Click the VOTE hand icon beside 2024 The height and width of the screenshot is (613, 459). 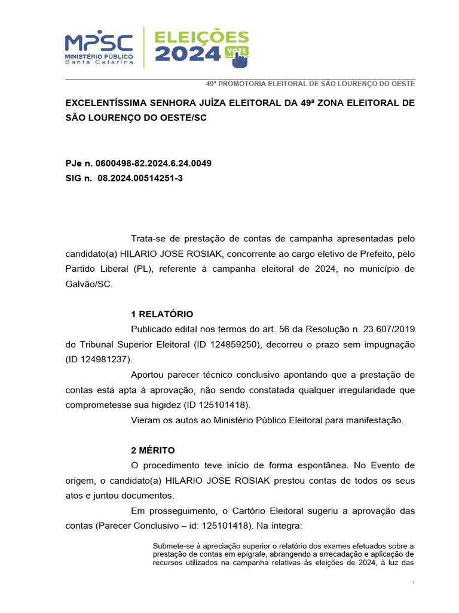[238, 56]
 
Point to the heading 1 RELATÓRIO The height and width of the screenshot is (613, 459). [162, 314]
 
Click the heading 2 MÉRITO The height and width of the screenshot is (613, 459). [153, 450]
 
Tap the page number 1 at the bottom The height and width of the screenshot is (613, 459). [413, 583]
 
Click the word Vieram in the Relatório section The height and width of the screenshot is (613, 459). [145, 420]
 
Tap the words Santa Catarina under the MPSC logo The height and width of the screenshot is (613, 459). [99, 62]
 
